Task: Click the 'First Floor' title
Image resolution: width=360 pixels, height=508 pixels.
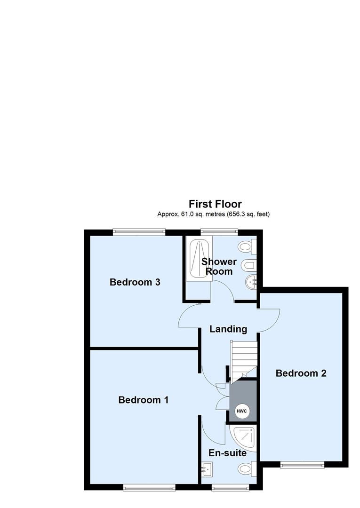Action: pos(215,204)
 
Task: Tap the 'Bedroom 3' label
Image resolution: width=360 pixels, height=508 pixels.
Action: pos(135,282)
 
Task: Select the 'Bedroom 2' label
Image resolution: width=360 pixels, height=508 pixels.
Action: pos(301,373)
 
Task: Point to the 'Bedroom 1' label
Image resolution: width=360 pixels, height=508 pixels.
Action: pos(144,400)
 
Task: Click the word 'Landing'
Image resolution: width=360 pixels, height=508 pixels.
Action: pos(228,329)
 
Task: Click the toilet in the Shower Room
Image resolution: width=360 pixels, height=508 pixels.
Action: pos(247,246)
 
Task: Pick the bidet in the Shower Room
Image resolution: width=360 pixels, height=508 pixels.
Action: pos(248,266)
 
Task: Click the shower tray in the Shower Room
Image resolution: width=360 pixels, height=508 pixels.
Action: pos(199,260)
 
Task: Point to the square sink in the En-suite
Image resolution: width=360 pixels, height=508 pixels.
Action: pos(207,468)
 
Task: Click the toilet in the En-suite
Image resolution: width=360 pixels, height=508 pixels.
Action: pos(246,468)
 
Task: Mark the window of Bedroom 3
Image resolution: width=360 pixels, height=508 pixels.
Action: pos(139,231)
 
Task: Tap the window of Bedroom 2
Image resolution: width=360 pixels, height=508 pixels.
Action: pos(302,465)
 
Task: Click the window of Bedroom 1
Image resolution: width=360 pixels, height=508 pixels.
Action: pos(149,488)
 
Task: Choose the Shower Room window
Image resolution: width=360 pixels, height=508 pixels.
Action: pos(219,231)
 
